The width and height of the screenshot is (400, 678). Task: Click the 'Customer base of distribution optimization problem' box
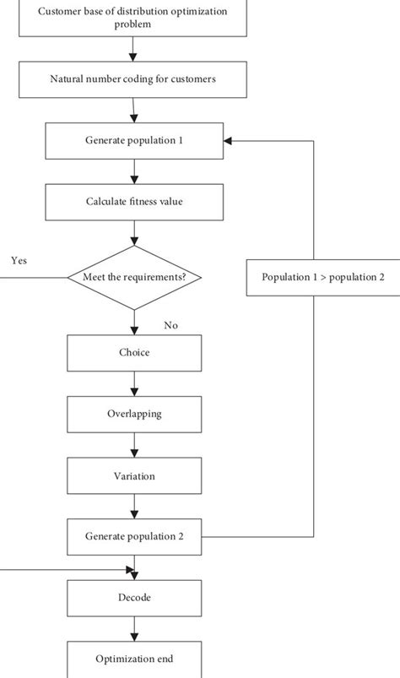pyautogui.click(x=133, y=19)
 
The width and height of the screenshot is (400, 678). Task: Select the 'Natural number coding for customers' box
pyautogui.click(x=133, y=81)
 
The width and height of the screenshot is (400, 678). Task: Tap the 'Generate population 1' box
pyautogui.click(x=133, y=141)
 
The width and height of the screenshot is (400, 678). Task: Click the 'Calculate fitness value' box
pyautogui.click(x=133, y=202)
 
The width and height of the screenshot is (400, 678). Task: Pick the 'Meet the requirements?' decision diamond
pyautogui.click(x=133, y=278)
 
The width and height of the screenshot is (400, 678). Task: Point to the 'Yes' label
pyautogui.click(x=19, y=261)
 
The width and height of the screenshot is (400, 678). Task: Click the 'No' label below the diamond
pyautogui.click(x=171, y=325)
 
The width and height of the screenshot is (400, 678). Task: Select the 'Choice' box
pyautogui.click(x=133, y=353)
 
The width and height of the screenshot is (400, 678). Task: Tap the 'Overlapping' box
pyautogui.click(x=133, y=415)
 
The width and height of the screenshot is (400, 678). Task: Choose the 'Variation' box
pyautogui.click(x=133, y=476)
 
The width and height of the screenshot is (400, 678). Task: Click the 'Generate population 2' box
pyautogui.click(x=133, y=536)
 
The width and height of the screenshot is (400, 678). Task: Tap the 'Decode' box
pyautogui.click(x=133, y=598)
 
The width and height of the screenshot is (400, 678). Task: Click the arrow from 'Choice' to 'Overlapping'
pyautogui.click(x=133, y=384)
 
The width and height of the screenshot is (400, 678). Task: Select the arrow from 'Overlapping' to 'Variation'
pyautogui.click(x=133, y=445)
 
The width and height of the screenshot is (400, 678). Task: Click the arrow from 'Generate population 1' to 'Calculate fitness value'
pyautogui.click(x=133, y=171)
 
